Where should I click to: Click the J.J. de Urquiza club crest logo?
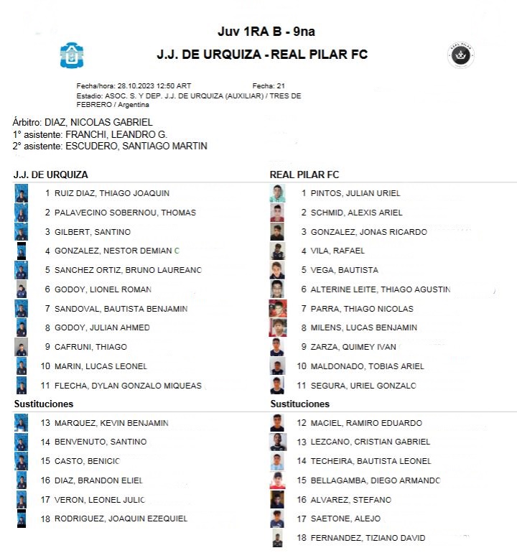pyautogui.click(x=72, y=55)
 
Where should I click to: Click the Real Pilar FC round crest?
pyautogui.click(x=460, y=55)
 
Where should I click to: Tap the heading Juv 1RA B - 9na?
pyautogui.click(x=266, y=32)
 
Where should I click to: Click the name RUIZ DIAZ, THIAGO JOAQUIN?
pyautogui.click(x=112, y=193)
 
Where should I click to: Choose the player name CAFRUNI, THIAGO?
pyautogui.click(x=90, y=347)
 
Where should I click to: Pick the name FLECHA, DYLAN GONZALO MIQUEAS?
pyautogui.click(x=128, y=386)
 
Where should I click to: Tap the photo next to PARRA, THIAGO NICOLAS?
pyautogui.click(x=278, y=309)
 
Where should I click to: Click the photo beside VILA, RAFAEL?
pyautogui.click(x=278, y=251)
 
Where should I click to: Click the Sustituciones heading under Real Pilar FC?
pyautogui.click(x=300, y=404)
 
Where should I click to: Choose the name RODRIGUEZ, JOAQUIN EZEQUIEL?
pyautogui.click(x=121, y=519)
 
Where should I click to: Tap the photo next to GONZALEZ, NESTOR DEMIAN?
pyautogui.click(x=22, y=251)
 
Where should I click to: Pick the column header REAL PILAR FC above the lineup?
pyautogui.click(x=304, y=175)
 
